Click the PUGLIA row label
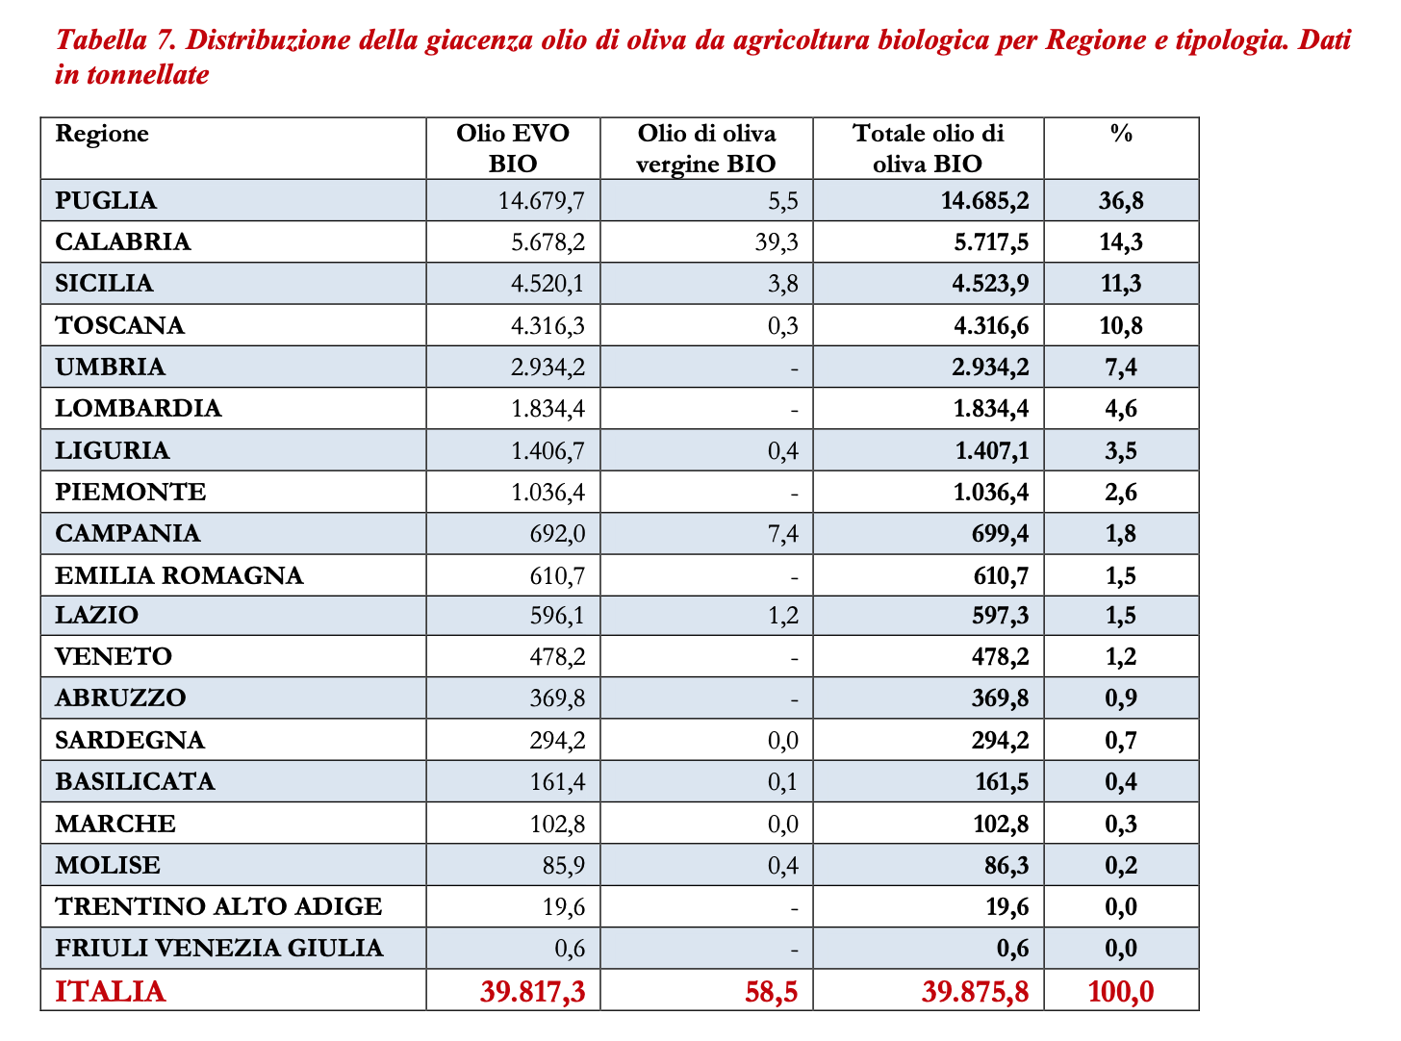pos(106,200)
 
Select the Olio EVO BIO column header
pos(513,148)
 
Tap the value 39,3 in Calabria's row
pos(777,241)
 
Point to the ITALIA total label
pos(111,991)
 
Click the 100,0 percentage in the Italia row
pos(1121,991)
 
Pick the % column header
pos(1121,134)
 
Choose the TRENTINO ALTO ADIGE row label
pos(218,906)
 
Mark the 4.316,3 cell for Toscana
pos(548,325)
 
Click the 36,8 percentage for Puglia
pos(1121,200)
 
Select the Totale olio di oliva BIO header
pos(928,148)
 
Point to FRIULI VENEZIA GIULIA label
pos(219,948)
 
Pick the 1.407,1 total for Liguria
pos(991,450)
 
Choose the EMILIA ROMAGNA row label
pos(179,575)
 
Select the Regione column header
pos(102,134)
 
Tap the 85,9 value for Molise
pos(564,865)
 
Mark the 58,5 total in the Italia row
pos(772,991)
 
